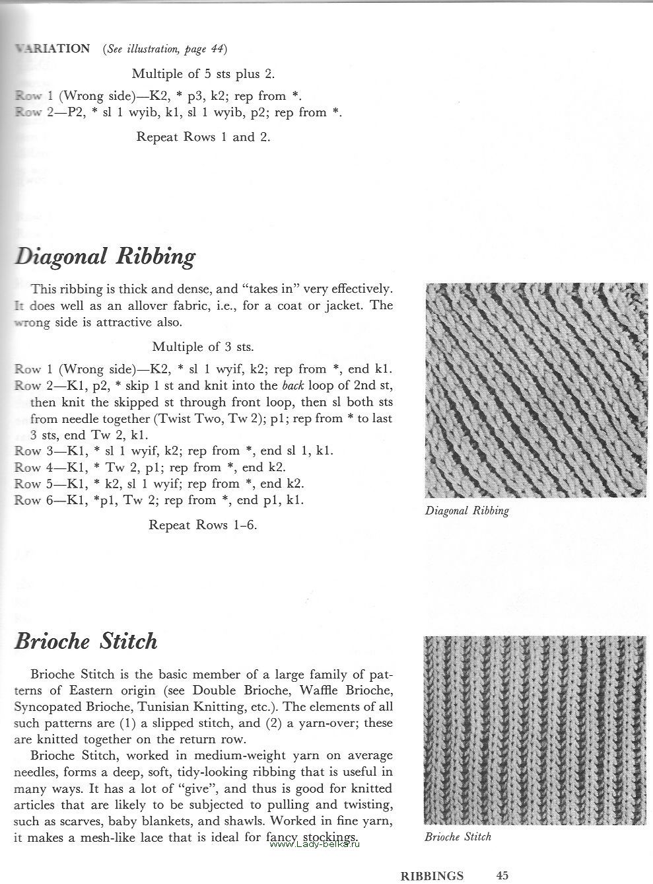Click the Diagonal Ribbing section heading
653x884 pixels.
[x=105, y=257]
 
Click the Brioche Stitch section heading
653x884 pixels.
[x=86, y=642]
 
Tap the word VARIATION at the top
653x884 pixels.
[x=53, y=49]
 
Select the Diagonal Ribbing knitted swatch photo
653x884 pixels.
[x=537, y=390]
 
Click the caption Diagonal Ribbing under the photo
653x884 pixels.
[x=467, y=511]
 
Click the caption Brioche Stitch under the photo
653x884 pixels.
[x=458, y=837]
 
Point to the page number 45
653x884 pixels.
[x=502, y=875]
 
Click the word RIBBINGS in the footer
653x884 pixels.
[x=432, y=876]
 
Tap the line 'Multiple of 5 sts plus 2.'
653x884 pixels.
[x=203, y=73]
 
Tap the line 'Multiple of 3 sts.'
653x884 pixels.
[x=203, y=346]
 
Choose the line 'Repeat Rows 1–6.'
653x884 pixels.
[x=203, y=525]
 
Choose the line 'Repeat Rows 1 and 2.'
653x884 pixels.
[x=203, y=137]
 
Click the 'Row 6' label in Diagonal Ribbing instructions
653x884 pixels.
[x=32, y=500]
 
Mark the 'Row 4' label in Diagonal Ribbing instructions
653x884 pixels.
[x=32, y=468]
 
